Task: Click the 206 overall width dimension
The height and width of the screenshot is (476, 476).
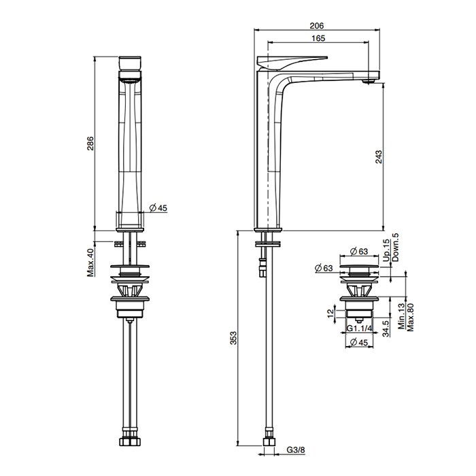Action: pos(317,26)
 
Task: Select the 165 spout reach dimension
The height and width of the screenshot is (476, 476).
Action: pos(318,38)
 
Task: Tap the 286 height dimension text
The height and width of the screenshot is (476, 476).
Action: pos(90,143)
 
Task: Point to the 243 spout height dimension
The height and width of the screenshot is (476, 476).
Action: pos(379,156)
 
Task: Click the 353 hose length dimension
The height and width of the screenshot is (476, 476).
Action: pos(233,338)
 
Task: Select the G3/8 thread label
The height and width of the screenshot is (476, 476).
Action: pos(296,449)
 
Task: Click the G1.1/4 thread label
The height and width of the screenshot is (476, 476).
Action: pos(359,328)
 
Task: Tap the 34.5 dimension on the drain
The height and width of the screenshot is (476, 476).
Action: pos(386,328)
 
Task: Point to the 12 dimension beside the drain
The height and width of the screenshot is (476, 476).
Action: pos(330,313)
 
